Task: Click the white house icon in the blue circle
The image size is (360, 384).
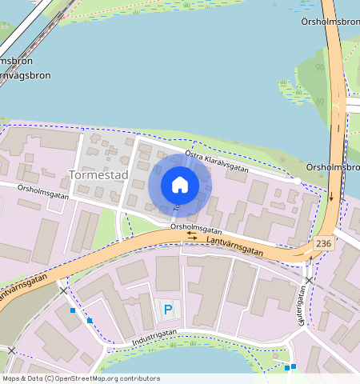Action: pyautogui.click(x=180, y=185)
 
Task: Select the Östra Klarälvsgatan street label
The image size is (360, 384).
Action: pyautogui.click(x=216, y=162)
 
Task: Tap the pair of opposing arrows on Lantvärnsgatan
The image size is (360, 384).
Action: pyautogui.click(x=192, y=236)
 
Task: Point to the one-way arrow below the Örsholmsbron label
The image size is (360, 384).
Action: pyautogui.click(x=331, y=196)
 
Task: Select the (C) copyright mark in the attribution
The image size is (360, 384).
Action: pyautogui.click(x=49, y=378)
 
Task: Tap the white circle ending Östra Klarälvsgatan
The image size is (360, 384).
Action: pyautogui.click(x=298, y=182)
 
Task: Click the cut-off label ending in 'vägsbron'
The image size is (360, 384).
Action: pyautogui.click(x=24, y=76)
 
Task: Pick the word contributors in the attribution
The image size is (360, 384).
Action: pyautogui.click(x=139, y=378)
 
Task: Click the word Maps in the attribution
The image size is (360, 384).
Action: pyautogui.click(x=12, y=378)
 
